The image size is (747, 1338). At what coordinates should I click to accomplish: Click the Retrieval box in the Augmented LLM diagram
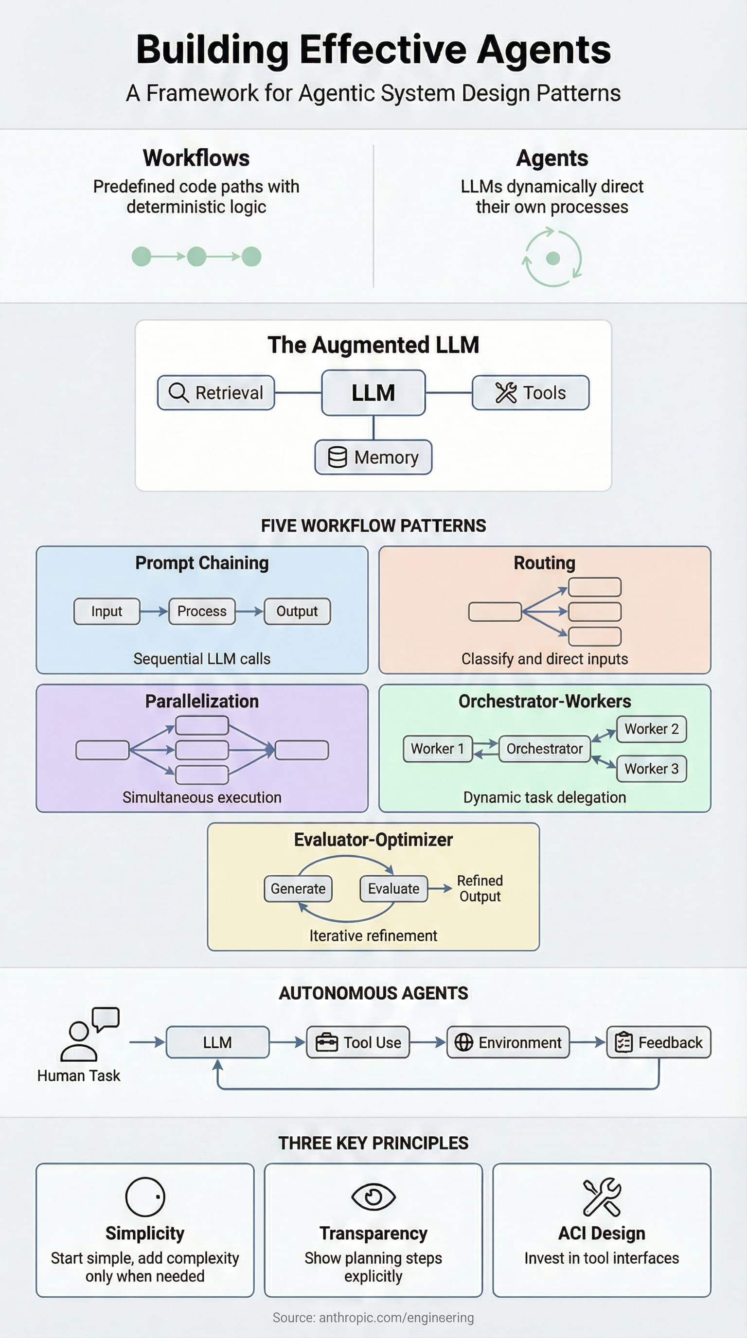click(216, 393)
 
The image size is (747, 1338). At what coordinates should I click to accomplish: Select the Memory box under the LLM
click(373, 457)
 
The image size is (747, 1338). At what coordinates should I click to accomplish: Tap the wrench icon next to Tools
click(505, 393)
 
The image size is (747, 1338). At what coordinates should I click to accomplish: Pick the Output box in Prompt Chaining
click(297, 611)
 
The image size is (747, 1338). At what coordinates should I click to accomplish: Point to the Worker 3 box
click(651, 768)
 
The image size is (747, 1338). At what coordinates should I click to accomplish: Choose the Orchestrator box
click(544, 748)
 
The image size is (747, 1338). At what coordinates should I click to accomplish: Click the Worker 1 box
click(437, 748)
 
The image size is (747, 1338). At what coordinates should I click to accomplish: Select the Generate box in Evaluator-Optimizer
click(298, 888)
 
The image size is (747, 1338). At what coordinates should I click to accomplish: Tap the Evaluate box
click(393, 888)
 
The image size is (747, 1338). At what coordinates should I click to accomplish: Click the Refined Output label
click(480, 888)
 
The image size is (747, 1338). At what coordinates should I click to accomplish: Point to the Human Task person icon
click(79, 1034)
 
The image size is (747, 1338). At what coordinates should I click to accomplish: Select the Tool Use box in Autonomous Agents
click(358, 1042)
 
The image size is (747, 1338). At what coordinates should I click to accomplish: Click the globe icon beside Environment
click(463, 1042)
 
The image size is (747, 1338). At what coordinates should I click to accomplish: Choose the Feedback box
click(658, 1042)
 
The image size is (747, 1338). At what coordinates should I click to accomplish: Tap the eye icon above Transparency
click(373, 1197)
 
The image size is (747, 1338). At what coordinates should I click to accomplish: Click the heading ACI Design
click(602, 1233)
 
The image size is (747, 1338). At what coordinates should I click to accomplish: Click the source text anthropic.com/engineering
click(373, 1317)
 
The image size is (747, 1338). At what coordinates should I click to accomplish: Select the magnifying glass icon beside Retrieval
click(178, 393)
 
